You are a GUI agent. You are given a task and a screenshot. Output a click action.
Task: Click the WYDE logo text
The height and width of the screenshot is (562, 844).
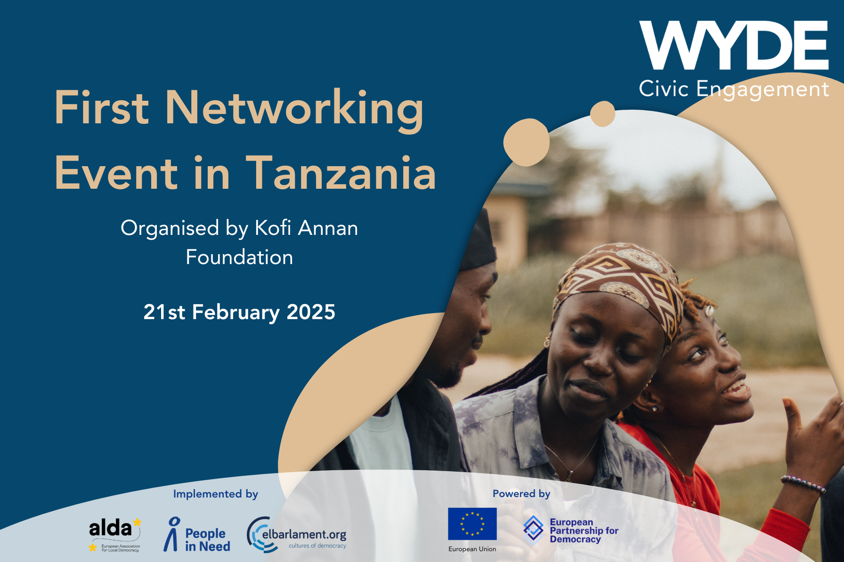click(x=733, y=46)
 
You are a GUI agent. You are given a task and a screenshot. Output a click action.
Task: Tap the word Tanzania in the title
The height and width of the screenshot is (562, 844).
click(x=341, y=174)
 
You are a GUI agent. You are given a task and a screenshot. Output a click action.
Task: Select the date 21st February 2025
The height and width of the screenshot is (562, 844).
click(x=239, y=312)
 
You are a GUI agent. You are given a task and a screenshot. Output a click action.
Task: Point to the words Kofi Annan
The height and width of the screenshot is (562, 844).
click(x=306, y=228)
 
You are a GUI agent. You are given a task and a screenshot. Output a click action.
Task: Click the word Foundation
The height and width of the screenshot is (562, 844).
click(x=239, y=257)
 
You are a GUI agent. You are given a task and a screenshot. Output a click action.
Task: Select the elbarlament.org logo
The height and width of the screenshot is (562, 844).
click(x=297, y=535)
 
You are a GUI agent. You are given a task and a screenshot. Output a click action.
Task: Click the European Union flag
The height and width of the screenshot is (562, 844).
click(x=472, y=524)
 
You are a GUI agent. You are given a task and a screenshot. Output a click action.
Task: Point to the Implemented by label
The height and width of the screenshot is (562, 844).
click(x=215, y=494)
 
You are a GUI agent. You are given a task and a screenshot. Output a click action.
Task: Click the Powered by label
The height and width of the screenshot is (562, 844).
click(x=521, y=494)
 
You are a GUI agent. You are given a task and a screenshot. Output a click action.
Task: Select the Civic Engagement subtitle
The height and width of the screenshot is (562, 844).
click(x=733, y=89)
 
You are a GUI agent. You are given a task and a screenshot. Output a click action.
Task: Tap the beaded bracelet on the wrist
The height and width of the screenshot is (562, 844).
click(x=803, y=483)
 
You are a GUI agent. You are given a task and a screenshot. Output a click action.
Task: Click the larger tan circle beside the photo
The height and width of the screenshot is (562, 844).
click(x=526, y=142)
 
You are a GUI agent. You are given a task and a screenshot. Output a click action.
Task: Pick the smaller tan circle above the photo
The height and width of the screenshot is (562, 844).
click(x=602, y=113)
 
